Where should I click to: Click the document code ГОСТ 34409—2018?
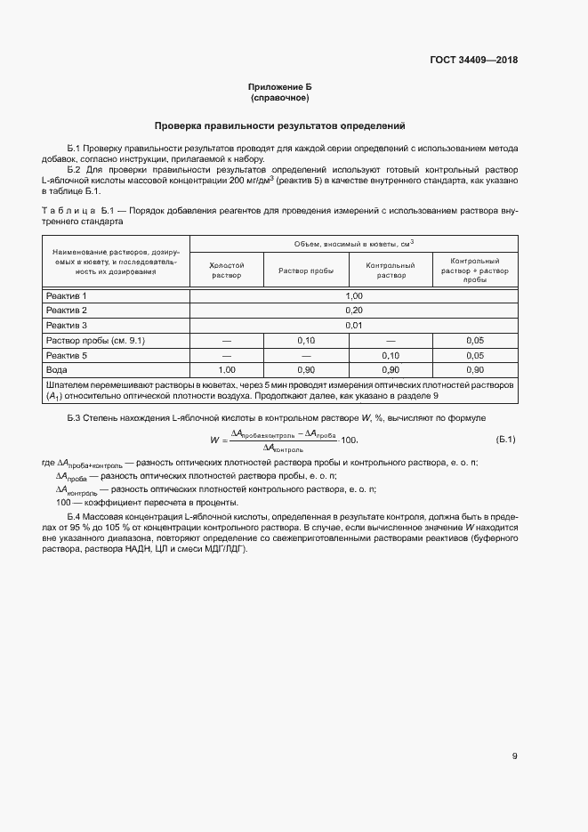pos(474,61)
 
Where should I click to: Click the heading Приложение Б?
pos(279,87)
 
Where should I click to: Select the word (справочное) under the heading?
pos(279,97)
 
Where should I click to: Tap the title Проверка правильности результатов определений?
pos(279,126)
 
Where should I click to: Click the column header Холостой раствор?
pos(226,271)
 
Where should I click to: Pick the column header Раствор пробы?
pos(306,271)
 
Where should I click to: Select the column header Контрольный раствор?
pos(391,271)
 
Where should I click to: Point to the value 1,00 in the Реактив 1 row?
pos(354,295)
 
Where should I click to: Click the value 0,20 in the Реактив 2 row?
pos(354,311)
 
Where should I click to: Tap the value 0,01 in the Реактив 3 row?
pos(354,326)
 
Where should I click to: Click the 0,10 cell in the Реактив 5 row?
pos(391,355)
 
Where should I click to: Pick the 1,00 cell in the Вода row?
pos(226,369)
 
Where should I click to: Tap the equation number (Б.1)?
pos(505,440)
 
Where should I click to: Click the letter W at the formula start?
pos(214,440)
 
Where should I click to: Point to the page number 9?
pos(514,756)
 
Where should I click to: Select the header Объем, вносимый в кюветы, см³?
pos(354,244)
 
